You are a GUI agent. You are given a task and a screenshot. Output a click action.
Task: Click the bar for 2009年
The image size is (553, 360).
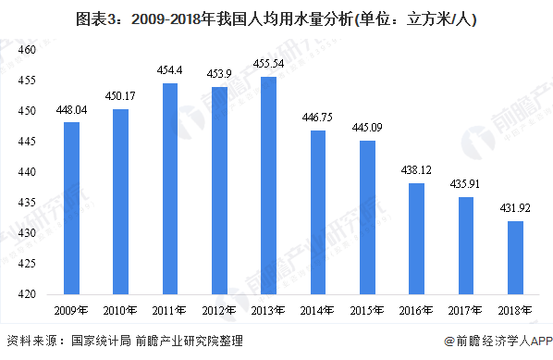tap(71, 208)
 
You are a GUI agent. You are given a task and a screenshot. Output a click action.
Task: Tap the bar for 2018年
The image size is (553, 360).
tap(516, 257)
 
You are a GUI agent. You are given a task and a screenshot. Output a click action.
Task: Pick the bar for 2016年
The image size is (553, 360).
tap(417, 239)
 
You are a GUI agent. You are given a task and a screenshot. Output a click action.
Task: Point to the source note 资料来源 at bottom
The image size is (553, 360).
tap(125, 341)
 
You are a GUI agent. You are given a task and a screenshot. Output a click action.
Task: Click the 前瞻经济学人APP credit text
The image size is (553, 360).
tap(497, 341)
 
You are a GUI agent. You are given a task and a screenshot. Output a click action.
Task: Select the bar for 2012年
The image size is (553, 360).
tap(219, 191)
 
